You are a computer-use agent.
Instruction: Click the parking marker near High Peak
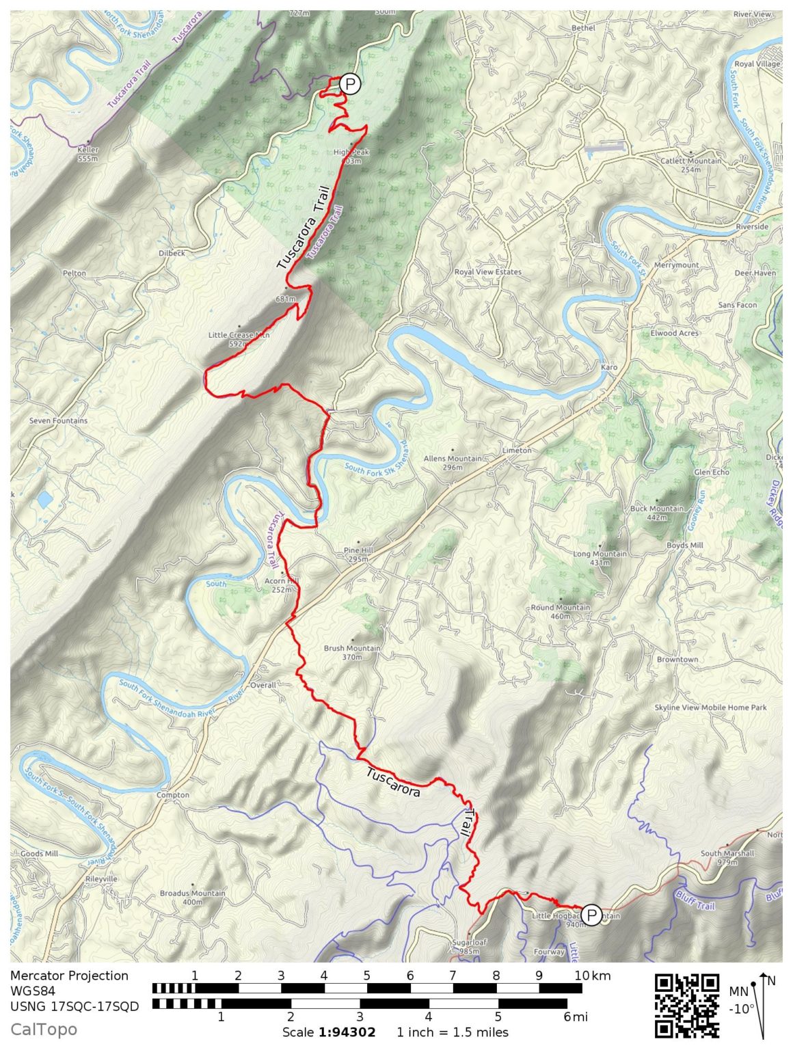(x=350, y=84)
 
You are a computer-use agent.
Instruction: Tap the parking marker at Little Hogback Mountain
(x=591, y=915)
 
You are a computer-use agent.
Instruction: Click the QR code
(x=687, y=1006)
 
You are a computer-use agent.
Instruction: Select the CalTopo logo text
(x=44, y=1029)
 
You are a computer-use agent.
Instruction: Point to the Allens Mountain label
(x=453, y=463)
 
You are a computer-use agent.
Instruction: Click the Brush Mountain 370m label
(x=352, y=652)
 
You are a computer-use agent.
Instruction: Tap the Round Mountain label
(x=561, y=611)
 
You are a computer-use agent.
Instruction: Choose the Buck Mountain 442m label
(x=657, y=513)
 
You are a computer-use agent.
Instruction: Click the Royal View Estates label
(x=488, y=272)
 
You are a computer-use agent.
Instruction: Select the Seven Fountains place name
(x=58, y=421)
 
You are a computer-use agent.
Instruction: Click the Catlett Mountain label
(x=690, y=165)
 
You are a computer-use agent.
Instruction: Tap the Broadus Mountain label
(x=192, y=897)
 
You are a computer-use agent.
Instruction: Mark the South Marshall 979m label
(x=727, y=857)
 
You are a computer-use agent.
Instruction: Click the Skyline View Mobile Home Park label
(x=710, y=708)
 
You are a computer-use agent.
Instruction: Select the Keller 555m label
(x=88, y=154)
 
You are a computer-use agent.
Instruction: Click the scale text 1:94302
(x=347, y=1032)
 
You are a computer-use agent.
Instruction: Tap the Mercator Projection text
(x=69, y=975)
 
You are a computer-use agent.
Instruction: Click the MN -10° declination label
(x=740, y=999)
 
